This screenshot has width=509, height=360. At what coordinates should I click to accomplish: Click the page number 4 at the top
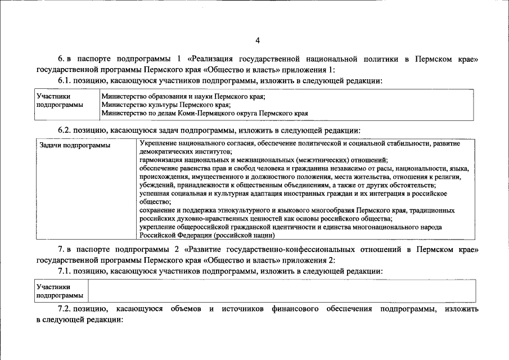(x=258, y=40)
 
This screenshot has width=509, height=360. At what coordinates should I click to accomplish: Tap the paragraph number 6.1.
(x=65, y=80)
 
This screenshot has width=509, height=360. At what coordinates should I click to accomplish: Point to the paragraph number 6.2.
(x=65, y=130)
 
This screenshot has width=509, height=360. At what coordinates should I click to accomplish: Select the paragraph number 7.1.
(x=65, y=271)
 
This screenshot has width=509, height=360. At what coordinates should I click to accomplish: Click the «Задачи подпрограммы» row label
(x=74, y=145)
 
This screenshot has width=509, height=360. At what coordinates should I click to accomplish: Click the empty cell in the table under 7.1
(x=281, y=291)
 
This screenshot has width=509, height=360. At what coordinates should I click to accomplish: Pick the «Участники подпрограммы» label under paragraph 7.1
(x=59, y=291)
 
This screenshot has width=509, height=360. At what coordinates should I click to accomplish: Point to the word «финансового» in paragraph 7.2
(x=292, y=309)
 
